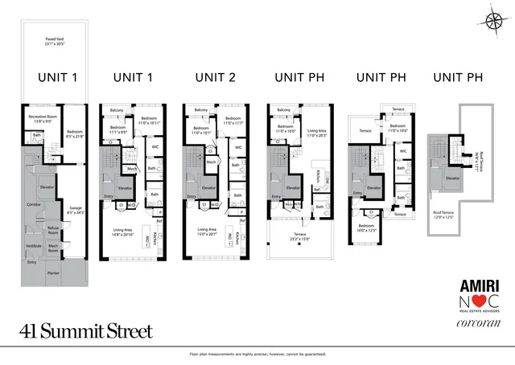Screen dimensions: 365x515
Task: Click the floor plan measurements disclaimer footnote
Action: pos(257,355)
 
